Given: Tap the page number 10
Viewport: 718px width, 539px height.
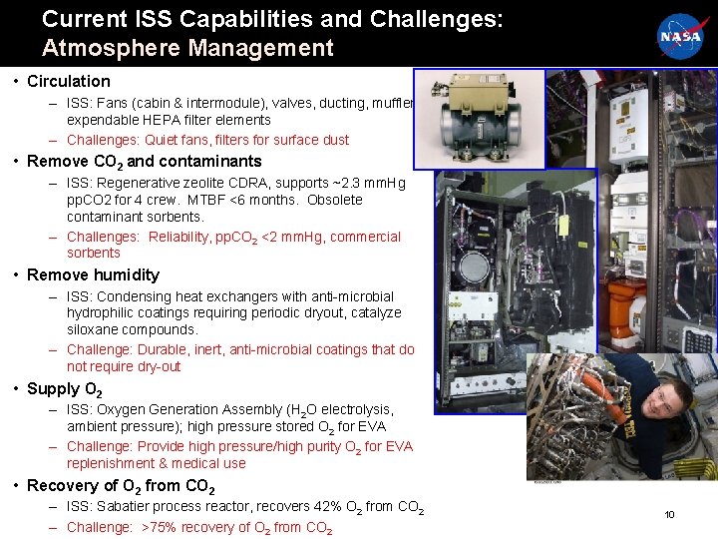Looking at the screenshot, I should pos(669,515).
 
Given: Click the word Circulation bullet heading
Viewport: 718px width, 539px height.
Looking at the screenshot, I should pos(69,81).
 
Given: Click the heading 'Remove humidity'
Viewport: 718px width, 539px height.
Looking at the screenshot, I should pos(93,274).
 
